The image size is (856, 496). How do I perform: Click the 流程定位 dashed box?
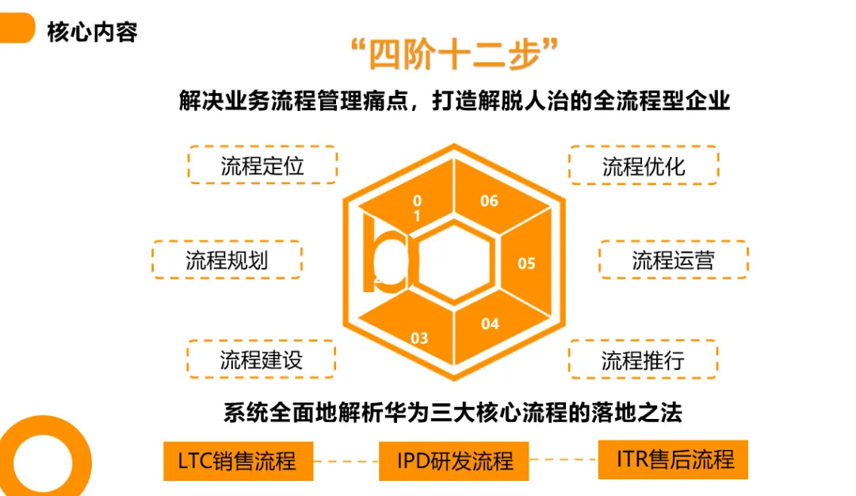262,165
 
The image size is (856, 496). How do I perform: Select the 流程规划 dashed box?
227,260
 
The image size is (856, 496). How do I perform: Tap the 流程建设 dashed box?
262,359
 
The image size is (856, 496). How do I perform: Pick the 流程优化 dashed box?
644,165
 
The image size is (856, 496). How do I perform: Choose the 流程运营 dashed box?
673,260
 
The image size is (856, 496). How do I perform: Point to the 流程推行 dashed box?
643,359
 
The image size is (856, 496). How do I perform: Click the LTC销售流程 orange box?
237,460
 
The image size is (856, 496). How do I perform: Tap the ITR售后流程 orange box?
673,459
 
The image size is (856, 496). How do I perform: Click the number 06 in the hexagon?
489,201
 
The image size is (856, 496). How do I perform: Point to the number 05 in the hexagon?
526,263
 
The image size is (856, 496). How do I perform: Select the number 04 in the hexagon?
490,324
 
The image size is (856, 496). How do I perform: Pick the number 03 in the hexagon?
419,338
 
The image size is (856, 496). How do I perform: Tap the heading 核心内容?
92,31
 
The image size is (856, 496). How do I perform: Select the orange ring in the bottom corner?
40,460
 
